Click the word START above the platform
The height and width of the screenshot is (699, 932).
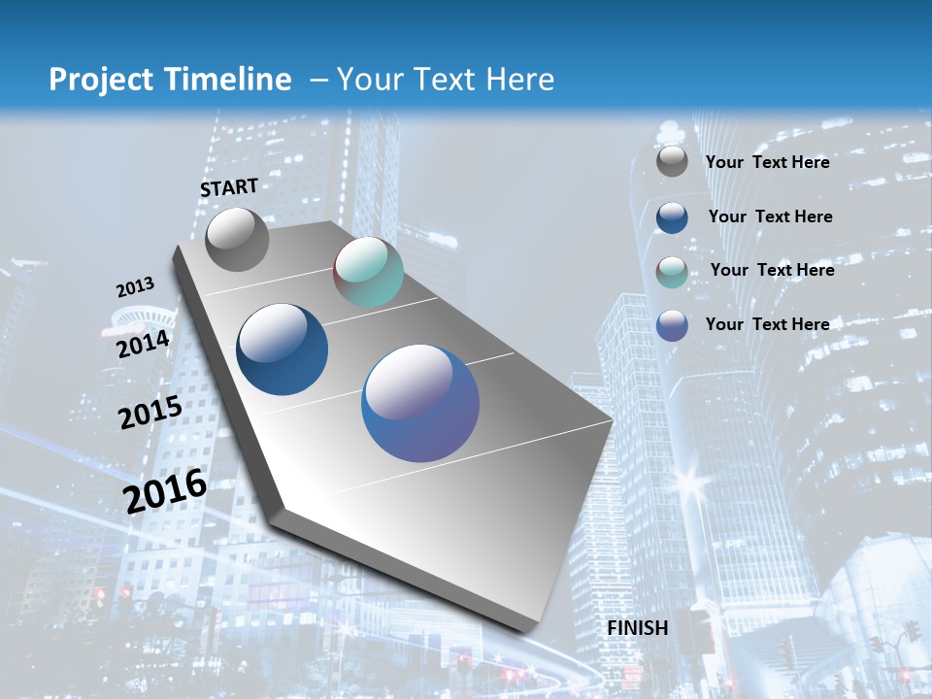(229, 187)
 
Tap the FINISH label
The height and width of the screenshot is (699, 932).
(638, 628)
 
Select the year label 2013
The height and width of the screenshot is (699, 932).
(135, 287)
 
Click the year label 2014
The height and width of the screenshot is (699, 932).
(143, 345)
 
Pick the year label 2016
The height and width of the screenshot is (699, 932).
(165, 490)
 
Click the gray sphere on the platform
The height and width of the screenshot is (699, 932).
(237, 239)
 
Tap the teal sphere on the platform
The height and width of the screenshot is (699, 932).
(368, 272)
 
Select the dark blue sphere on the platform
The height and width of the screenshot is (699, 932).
(283, 349)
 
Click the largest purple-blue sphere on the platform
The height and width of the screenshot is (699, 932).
(420, 403)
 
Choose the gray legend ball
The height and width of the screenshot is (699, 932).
(672, 162)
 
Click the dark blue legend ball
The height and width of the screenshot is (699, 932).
(672, 217)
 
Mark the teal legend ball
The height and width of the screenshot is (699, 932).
(672, 272)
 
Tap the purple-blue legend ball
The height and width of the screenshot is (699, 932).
(672, 325)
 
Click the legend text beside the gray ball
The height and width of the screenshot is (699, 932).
(767, 162)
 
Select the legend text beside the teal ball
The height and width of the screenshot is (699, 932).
(772, 270)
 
